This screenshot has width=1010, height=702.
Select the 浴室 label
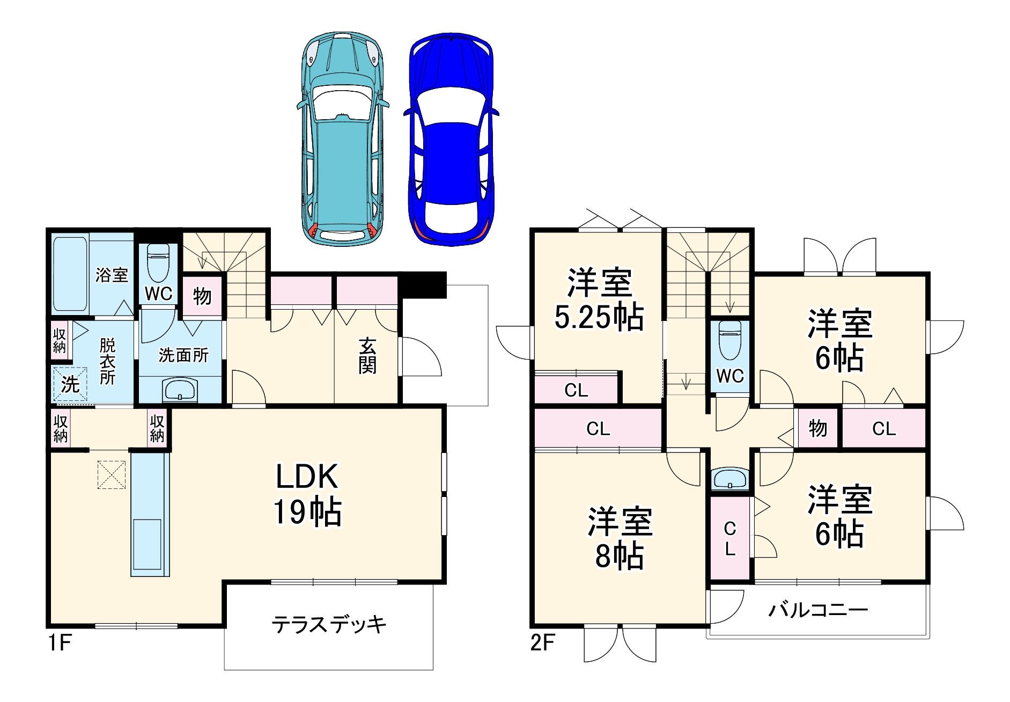(x=112, y=275)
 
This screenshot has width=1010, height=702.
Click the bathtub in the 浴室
(x=70, y=273)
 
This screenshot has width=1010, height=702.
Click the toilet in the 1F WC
(x=158, y=263)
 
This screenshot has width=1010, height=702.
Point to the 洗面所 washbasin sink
(x=180, y=389)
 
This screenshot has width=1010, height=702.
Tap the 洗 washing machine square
(x=70, y=384)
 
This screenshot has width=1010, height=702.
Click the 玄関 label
(x=367, y=356)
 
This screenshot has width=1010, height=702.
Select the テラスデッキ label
(x=328, y=625)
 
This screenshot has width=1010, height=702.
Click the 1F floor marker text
(x=60, y=642)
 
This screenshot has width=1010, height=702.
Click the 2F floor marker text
(x=542, y=642)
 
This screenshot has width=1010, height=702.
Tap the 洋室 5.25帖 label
(x=599, y=299)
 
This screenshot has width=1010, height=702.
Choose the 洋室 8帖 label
(x=620, y=538)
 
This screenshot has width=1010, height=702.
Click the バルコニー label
(x=817, y=610)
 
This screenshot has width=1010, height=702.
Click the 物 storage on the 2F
(x=817, y=428)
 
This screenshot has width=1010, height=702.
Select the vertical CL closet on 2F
(x=730, y=538)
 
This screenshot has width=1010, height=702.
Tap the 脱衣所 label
(x=107, y=361)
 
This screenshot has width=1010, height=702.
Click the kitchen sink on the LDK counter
(x=147, y=544)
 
